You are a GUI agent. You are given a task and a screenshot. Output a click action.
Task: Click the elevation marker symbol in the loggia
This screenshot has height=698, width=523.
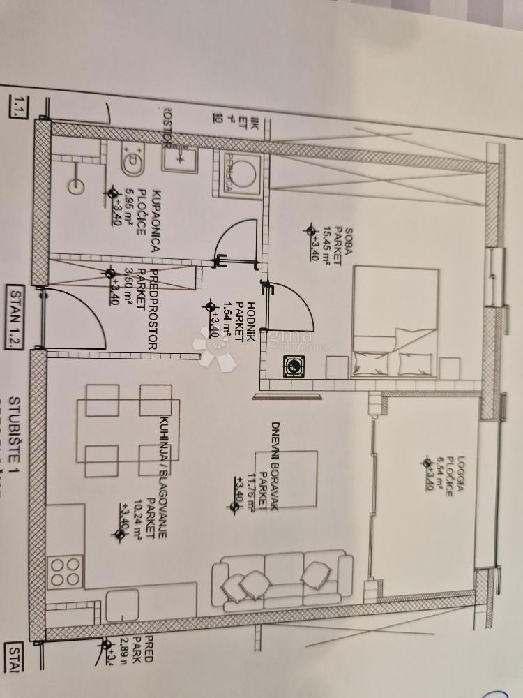[x=427, y=461]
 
